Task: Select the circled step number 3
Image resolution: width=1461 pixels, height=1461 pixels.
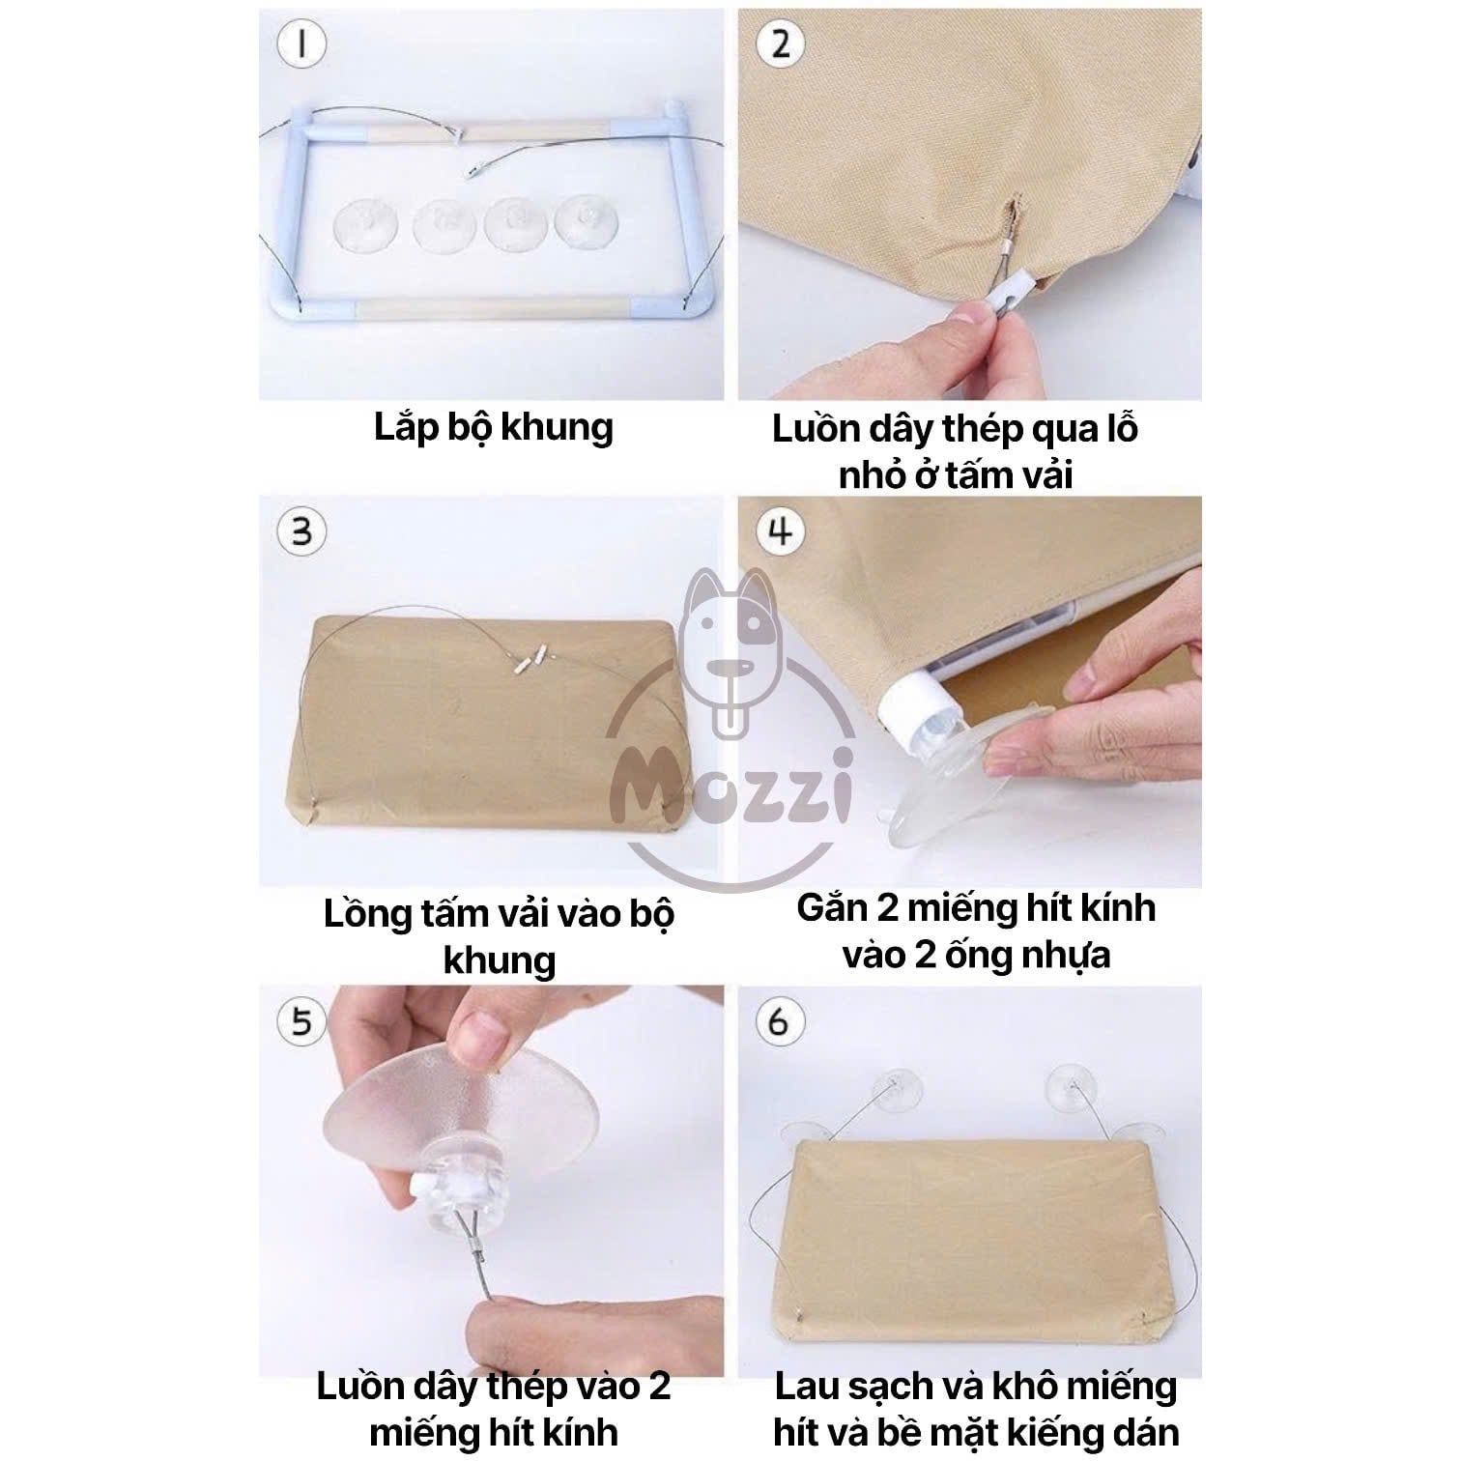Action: coord(302,531)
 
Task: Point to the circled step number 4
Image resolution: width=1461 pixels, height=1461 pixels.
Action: coord(780,531)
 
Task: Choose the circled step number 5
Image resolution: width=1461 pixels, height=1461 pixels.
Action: coord(302,1021)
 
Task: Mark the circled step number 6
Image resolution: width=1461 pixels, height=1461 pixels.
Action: coord(780,1021)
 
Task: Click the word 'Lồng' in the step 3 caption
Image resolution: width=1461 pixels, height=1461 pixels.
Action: coord(368,914)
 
